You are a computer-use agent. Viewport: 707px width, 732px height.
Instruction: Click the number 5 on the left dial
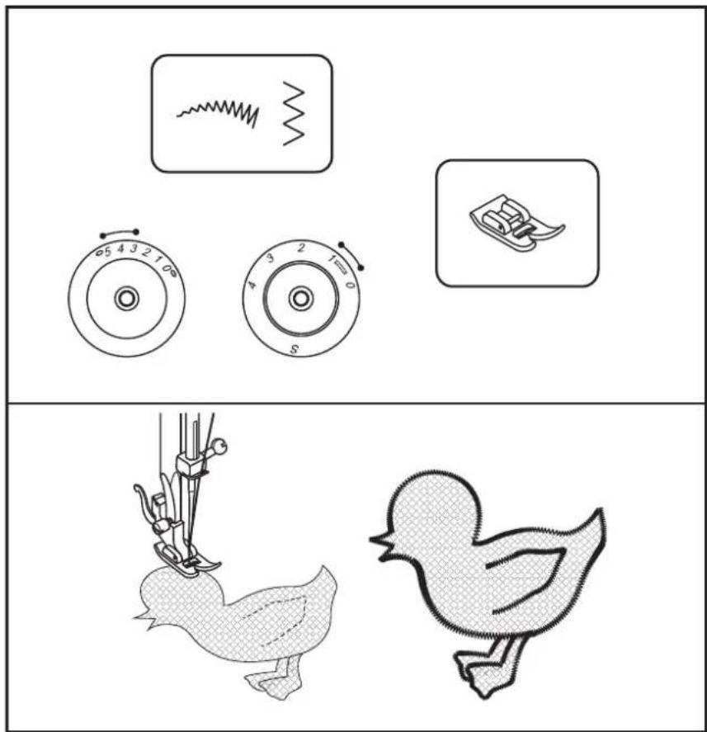(108, 252)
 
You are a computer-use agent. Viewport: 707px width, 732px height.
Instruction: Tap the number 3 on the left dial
(134, 248)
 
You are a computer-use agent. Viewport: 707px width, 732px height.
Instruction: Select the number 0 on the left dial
(166, 269)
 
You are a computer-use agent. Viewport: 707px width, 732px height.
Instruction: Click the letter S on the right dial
(294, 349)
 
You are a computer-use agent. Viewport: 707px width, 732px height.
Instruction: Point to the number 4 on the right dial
(252, 285)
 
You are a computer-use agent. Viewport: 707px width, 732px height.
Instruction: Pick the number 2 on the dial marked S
(301, 248)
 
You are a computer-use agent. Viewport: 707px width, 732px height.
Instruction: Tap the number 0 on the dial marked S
(350, 284)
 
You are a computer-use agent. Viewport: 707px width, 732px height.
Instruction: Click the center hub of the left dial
(126, 298)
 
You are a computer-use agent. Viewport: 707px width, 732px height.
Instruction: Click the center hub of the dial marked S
(300, 298)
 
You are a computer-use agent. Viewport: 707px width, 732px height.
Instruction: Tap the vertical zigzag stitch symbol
(294, 113)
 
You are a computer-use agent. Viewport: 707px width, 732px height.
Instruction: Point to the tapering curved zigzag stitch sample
(218, 112)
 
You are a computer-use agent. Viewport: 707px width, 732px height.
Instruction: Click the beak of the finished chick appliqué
(382, 545)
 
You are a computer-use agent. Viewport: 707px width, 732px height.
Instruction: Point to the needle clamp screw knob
(218, 446)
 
